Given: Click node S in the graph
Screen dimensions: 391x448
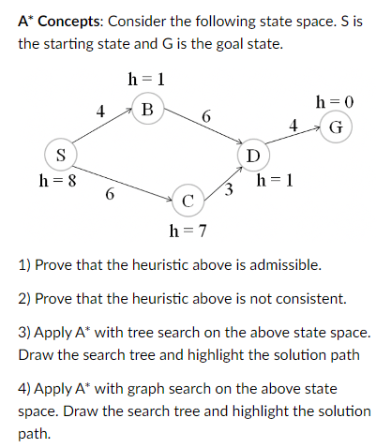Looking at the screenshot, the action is click(x=61, y=154).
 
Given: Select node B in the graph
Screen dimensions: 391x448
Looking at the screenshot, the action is click(x=146, y=108).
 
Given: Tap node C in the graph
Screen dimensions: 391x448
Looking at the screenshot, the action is click(x=188, y=200).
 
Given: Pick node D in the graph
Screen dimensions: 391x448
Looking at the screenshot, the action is click(x=252, y=154).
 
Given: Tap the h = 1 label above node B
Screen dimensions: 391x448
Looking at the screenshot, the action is click(x=146, y=79).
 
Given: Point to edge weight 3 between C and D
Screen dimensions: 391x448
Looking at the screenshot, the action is click(x=230, y=192).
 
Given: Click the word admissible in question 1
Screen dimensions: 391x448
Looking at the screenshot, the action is click(x=287, y=265).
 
